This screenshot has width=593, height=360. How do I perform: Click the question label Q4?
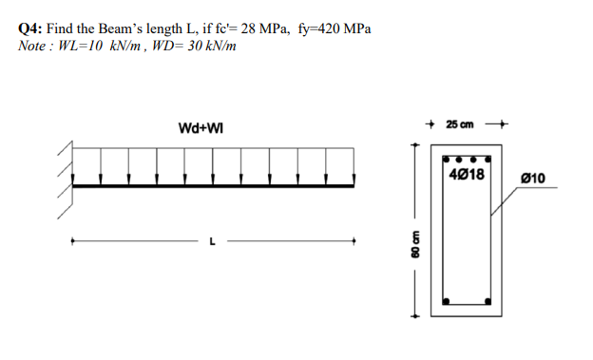click(x=30, y=28)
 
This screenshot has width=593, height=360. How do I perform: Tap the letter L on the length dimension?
click(x=212, y=241)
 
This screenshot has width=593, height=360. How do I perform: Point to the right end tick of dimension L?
click(x=354, y=241)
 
